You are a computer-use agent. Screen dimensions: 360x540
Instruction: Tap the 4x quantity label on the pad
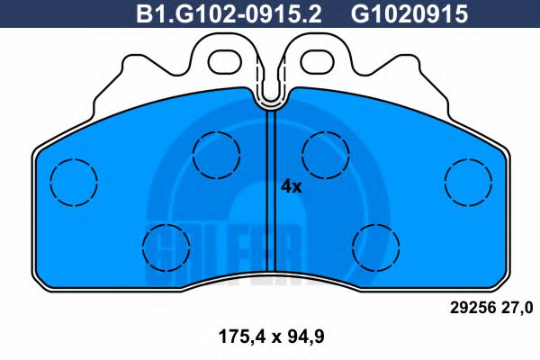[291, 186]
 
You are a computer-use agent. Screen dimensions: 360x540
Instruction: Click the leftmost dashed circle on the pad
[73, 181]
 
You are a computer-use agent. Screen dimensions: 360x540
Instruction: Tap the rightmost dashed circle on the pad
[468, 180]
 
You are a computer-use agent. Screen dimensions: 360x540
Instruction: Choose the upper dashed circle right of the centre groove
[326, 153]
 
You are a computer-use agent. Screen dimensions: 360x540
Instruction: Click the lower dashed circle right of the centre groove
[375, 244]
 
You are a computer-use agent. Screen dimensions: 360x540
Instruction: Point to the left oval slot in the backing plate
[227, 61]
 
